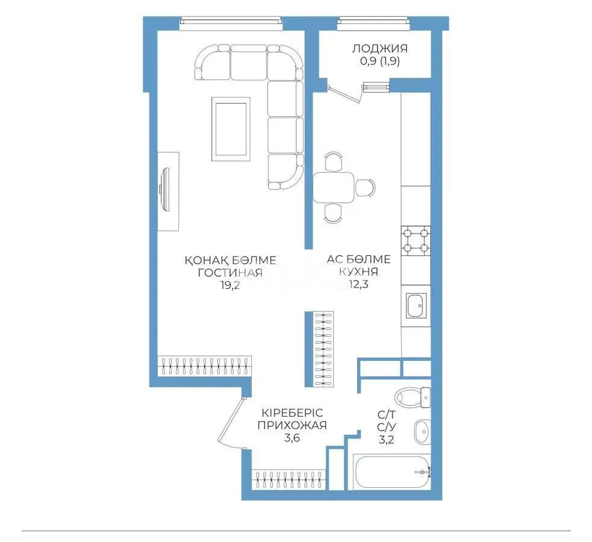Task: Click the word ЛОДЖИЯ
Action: (x=379, y=49)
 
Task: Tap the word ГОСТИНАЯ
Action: (x=230, y=273)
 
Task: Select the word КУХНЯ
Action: (x=358, y=272)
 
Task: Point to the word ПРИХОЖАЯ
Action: (x=291, y=426)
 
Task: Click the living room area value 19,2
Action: (x=230, y=286)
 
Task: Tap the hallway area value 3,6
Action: (x=291, y=438)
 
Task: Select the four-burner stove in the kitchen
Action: (x=416, y=239)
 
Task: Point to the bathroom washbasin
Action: (x=422, y=431)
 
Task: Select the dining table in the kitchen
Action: (x=334, y=187)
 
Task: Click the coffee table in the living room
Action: (x=229, y=130)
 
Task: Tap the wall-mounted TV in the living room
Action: (x=164, y=190)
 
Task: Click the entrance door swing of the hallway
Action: (x=227, y=422)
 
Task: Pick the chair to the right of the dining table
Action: (x=365, y=187)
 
